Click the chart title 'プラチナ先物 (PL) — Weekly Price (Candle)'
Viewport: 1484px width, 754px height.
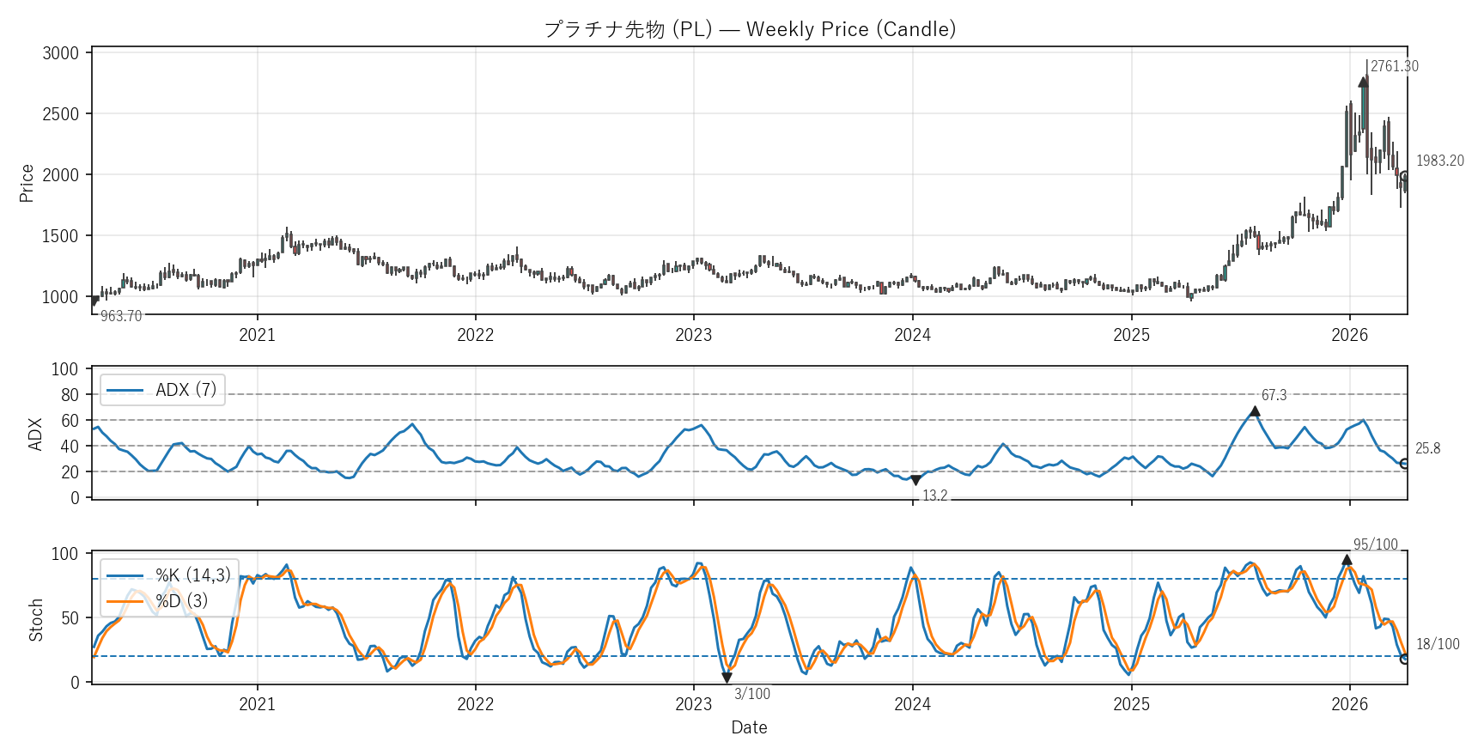750,29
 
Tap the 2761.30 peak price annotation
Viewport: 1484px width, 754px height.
1394,66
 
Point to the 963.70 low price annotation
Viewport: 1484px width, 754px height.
121,316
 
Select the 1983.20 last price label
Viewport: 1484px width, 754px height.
1439,161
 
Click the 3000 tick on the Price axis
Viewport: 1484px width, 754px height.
60,53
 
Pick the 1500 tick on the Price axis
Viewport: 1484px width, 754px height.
60,236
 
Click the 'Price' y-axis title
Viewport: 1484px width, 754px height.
27,183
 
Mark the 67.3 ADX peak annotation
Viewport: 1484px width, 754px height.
1274,395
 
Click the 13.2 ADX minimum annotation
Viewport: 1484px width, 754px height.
934,496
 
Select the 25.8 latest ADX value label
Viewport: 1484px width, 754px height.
1427,448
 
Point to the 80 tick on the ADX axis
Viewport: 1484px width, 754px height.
70,395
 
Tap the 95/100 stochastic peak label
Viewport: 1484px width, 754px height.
1375,544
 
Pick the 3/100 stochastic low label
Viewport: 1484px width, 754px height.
751,694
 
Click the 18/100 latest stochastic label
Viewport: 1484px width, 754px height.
1437,644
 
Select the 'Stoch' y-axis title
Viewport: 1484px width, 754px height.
36,620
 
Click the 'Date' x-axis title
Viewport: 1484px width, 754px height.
749,727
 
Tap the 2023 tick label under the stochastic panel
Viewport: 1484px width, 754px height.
693,704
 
